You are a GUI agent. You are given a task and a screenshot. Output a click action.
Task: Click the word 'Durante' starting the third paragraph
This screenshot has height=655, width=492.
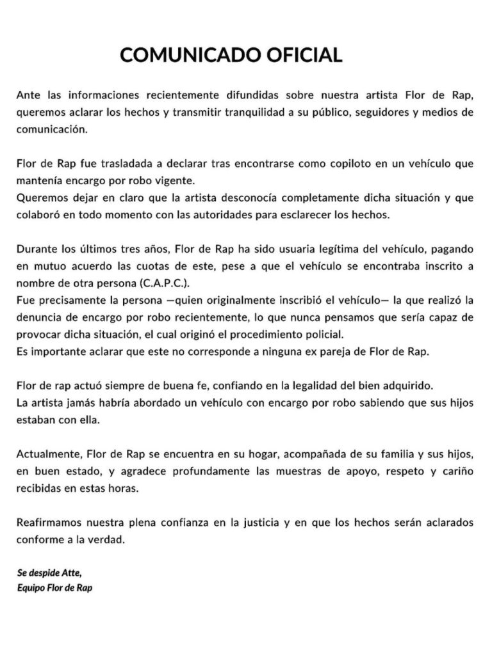[36, 249]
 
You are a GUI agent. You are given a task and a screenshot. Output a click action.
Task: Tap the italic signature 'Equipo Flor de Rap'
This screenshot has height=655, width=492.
[54, 587]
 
